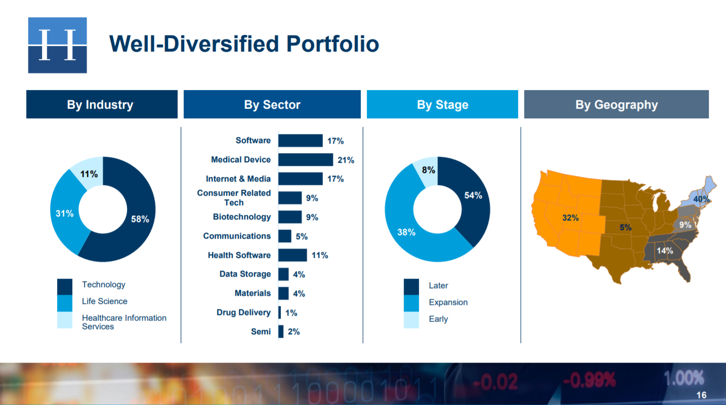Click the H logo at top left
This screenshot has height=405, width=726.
[x=57, y=45]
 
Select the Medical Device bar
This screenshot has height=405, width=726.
[x=305, y=160]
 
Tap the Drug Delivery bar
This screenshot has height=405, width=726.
[x=279, y=312]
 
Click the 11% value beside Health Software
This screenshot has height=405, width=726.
[x=320, y=255]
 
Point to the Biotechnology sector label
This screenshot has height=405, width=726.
[x=241, y=217]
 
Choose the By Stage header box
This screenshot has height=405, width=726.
[x=442, y=105]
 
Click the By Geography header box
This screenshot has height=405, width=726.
[x=616, y=105]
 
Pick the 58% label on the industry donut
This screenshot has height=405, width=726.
[x=140, y=219]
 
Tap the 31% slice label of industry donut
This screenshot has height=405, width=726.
[x=65, y=214]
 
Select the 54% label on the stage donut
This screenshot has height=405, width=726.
[x=474, y=196]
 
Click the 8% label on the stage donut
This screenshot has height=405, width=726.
[x=429, y=170]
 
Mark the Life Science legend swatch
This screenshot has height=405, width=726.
[x=65, y=302]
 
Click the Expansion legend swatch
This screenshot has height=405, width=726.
[x=411, y=303]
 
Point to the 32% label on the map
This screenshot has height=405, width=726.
[x=570, y=218]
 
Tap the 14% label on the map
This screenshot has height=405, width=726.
[x=665, y=250]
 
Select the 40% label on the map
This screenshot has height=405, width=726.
[x=701, y=199]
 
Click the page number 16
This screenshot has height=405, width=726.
[x=701, y=395]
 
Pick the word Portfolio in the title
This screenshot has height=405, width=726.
[x=332, y=43]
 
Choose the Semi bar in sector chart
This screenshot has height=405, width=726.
[x=281, y=332]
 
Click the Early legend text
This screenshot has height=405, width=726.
[x=438, y=319]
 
